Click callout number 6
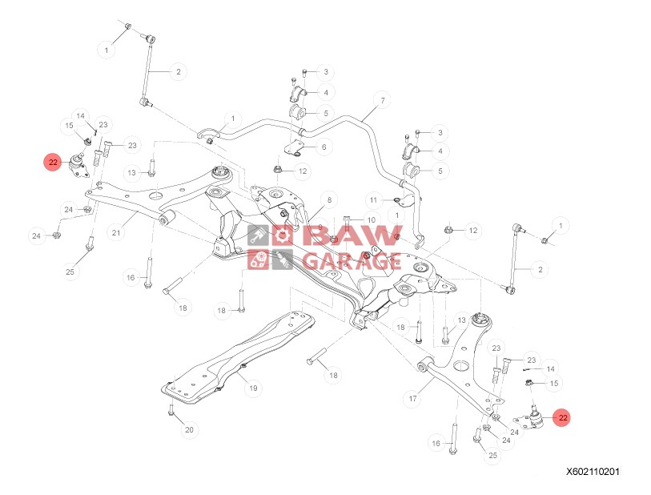tap(325, 147)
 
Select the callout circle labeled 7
tap(382, 101)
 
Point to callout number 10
tap(371, 219)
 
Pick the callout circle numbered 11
tap(373, 199)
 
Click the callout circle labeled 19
tap(252, 388)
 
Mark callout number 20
tap(189, 431)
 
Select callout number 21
tap(116, 233)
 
